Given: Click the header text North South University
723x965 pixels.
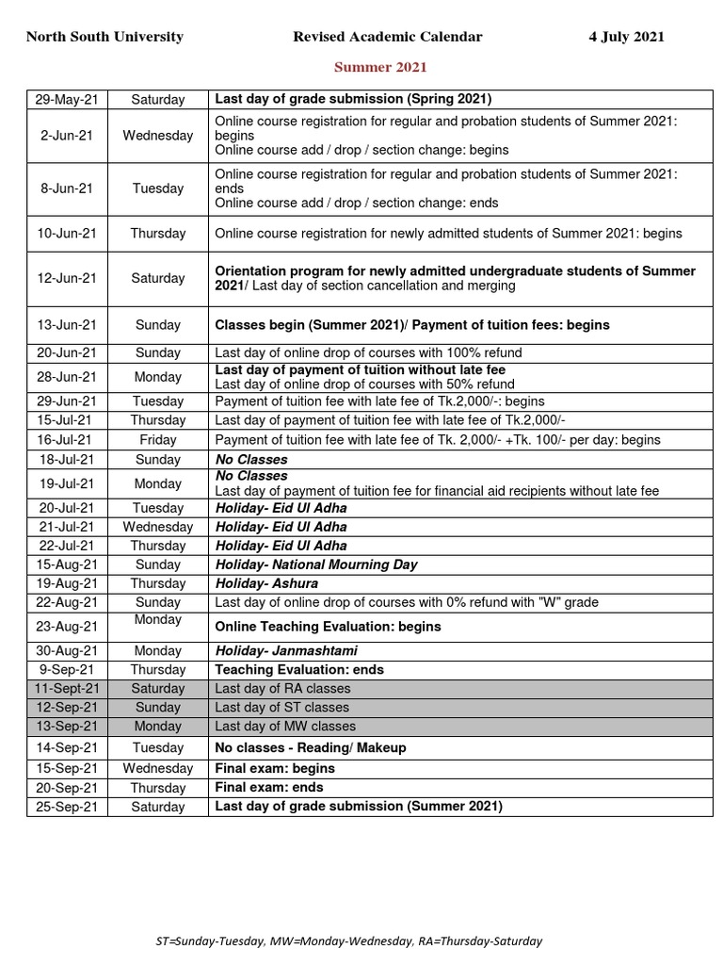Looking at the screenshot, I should (x=104, y=37).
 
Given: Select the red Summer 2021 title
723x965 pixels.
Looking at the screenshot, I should (x=381, y=67).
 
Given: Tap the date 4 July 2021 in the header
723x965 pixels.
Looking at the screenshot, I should (x=626, y=37).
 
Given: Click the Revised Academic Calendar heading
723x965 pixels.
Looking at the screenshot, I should (x=387, y=37).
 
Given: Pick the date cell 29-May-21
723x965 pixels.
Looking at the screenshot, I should (x=67, y=99).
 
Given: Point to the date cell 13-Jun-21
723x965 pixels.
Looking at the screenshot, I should (x=67, y=325).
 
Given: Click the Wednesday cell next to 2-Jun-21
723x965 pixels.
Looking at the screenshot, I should (x=157, y=135).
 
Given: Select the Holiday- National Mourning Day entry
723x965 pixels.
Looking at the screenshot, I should (x=316, y=564).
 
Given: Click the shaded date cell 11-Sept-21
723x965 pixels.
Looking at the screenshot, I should (x=67, y=689).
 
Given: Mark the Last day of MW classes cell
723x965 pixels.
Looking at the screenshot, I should (x=285, y=727).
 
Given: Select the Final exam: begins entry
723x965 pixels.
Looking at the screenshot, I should (x=275, y=768).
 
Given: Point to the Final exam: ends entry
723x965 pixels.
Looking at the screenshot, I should (x=269, y=787).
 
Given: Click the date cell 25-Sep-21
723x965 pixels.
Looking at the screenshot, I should (x=67, y=807).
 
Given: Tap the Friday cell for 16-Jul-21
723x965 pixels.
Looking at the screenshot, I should (x=157, y=440).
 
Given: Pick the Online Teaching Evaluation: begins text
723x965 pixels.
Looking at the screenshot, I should (x=328, y=627).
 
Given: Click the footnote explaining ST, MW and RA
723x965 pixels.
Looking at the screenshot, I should (x=348, y=940).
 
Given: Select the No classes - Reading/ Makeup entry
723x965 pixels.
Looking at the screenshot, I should (x=311, y=747).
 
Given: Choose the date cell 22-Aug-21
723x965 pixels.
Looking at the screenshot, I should (x=67, y=602).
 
